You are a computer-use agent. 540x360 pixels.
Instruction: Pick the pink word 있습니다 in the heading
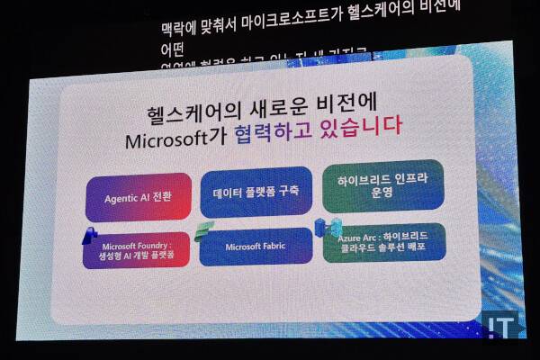[x=357, y=143]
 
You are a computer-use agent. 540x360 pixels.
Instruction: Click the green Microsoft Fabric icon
[x=205, y=229]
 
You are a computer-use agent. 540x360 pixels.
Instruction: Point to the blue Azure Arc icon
[x=323, y=227]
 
